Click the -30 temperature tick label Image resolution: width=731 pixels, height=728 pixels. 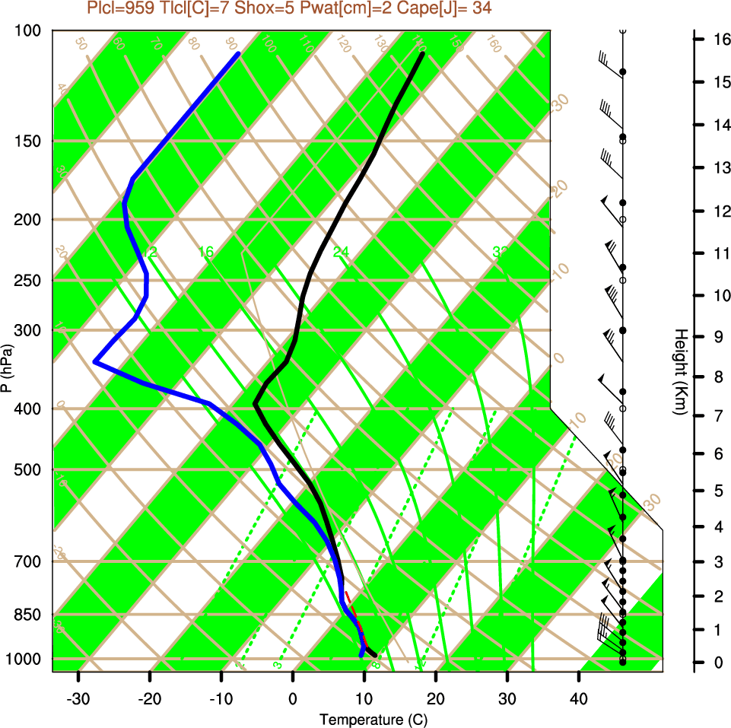coord(78,699)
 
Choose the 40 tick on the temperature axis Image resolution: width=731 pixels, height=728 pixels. coord(579,699)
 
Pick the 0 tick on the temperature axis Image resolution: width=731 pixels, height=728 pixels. coord(293,699)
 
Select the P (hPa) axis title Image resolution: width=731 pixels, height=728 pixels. coord(7,368)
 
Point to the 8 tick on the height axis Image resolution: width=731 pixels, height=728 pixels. coord(718,377)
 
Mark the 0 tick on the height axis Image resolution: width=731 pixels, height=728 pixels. coord(718,663)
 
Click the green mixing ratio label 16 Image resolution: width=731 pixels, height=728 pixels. coord(205,252)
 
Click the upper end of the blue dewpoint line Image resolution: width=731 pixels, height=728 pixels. coord(238,54)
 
